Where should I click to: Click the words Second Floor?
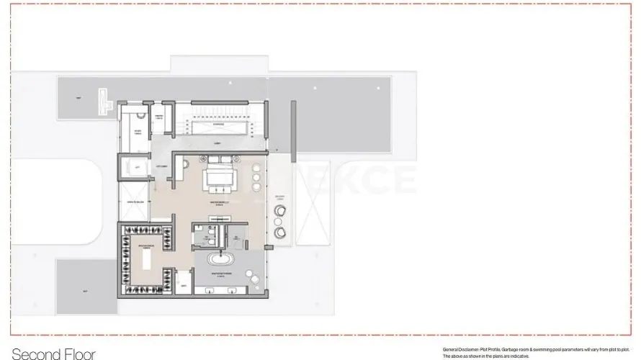click(53, 354)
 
